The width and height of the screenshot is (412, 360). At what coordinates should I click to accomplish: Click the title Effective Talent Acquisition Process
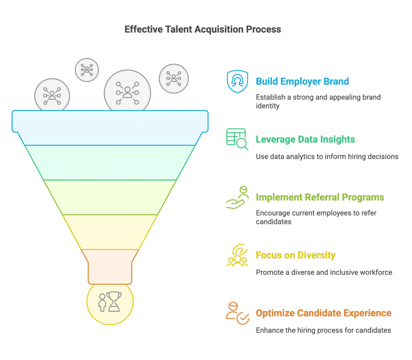click(203, 29)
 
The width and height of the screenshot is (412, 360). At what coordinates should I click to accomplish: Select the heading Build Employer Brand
click(302, 81)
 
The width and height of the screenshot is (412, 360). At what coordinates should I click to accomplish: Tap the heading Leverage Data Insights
click(305, 140)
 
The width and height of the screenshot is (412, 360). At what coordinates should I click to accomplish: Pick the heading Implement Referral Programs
click(320, 197)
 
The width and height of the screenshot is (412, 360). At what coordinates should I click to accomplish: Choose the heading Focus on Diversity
click(295, 255)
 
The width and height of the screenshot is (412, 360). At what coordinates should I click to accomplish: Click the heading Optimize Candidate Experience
click(323, 313)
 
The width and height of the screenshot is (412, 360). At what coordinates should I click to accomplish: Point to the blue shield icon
click(237, 82)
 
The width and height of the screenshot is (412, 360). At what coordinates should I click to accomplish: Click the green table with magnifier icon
click(237, 139)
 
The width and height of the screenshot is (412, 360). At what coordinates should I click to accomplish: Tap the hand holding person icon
click(237, 197)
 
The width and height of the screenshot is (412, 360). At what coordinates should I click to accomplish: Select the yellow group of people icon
click(237, 255)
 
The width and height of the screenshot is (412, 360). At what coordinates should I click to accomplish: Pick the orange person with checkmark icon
click(237, 313)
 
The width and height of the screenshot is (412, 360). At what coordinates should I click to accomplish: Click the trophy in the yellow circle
click(114, 301)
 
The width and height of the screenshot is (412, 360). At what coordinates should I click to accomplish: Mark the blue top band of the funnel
click(110, 127)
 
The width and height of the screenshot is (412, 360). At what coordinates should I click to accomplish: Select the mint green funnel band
click(110, 162)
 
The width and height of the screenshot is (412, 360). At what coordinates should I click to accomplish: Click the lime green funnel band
click(110, 197)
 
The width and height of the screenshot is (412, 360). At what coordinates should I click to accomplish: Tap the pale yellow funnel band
click(110, 232)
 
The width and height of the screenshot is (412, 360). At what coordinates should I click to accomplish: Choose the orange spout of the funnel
click(110, 266)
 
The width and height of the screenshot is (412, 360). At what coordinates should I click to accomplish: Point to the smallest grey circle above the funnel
click(87, 70)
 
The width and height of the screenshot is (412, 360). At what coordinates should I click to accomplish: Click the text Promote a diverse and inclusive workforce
click(324, 272)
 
